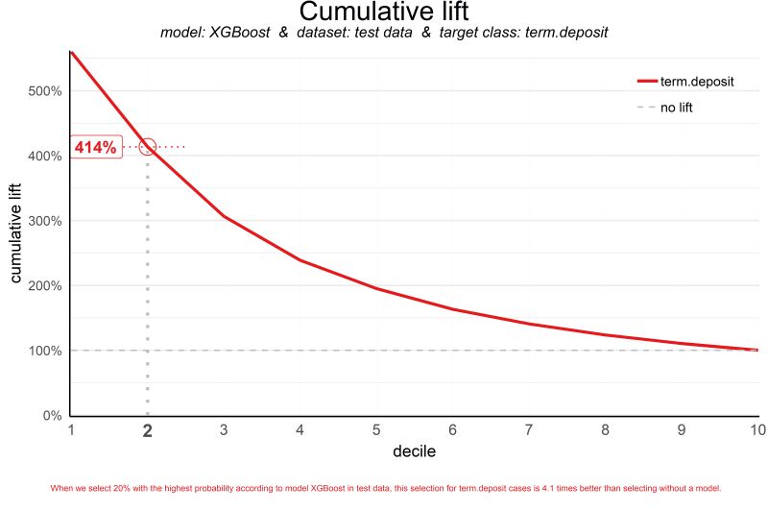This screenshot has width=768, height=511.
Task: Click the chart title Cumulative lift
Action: coord(384,12)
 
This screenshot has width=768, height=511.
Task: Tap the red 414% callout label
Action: coord(96,147)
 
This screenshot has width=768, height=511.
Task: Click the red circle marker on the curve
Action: coord(147,147)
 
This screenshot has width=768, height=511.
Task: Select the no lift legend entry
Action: coord(676,108)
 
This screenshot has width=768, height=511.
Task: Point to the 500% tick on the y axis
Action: coord(45,91)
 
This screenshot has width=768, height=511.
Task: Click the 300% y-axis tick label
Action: coord(45,221)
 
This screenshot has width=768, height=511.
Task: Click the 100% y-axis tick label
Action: coord(45,351)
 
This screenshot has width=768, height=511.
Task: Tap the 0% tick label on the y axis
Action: coord(50,416)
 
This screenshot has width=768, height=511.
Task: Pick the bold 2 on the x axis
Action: coord(147,431)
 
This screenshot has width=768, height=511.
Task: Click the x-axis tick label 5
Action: coord(376,430)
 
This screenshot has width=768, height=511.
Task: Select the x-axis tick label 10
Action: coord(756,430)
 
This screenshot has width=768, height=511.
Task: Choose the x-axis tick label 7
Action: coord(529,430)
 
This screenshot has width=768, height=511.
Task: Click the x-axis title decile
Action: coord(414,450)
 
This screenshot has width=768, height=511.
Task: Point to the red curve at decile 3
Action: coord(224,216)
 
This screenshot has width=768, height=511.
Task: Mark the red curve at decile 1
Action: coord(71,51)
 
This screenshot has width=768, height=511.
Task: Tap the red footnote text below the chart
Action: coord(385,488)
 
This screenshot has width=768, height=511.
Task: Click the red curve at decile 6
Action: coord(452,309)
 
